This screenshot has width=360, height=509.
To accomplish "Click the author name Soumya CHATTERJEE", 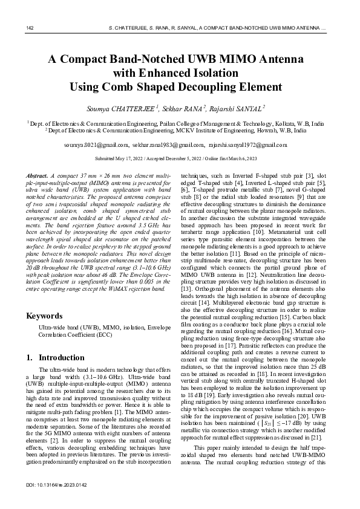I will click(x=131, y=109).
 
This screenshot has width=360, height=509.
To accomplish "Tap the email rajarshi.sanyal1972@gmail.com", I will click(x=239, y=146).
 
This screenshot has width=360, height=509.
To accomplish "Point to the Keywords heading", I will click(x=44, y=316).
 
